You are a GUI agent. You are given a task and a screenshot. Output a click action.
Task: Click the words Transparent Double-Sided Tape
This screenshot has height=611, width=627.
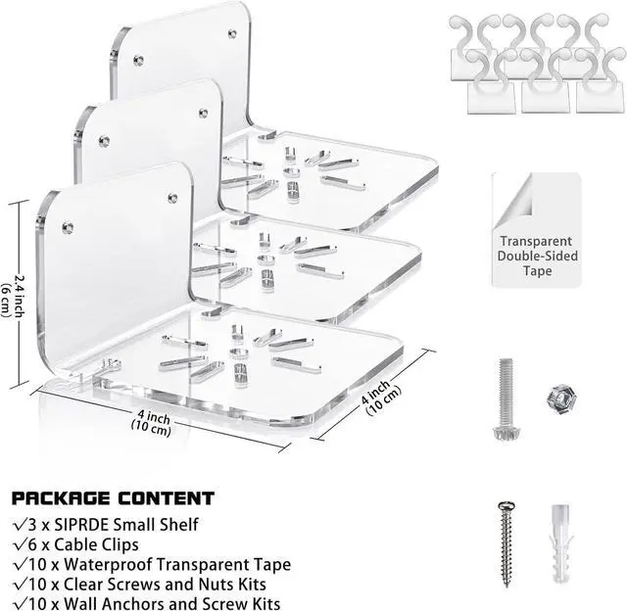[539, 256]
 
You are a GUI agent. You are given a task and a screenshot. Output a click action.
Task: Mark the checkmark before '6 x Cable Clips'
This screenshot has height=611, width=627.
[22, 545]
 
